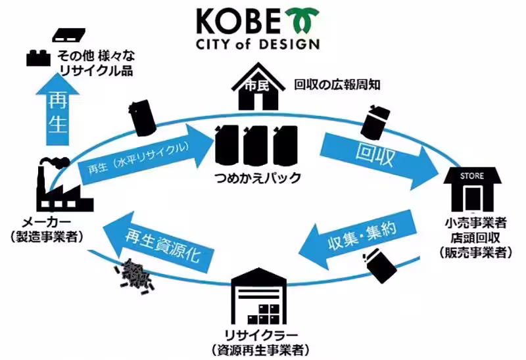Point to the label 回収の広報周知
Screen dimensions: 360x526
click(x=337, y=85)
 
